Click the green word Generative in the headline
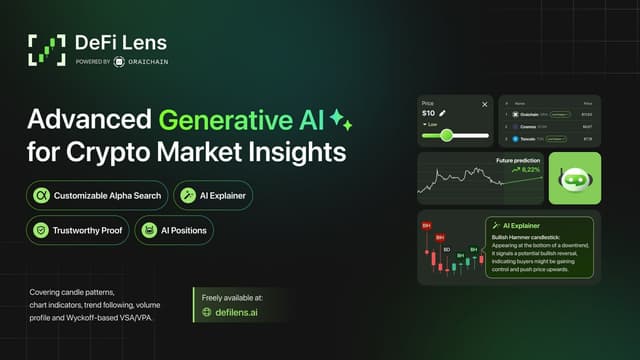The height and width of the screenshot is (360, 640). click(218, 121)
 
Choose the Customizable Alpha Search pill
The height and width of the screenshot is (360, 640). click(97, 194)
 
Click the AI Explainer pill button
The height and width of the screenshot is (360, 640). click(213, 194)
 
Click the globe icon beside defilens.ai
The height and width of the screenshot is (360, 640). click(207, 311)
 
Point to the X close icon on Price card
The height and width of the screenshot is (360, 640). click(485, 103)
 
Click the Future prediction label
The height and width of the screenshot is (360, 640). click(517, 160)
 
